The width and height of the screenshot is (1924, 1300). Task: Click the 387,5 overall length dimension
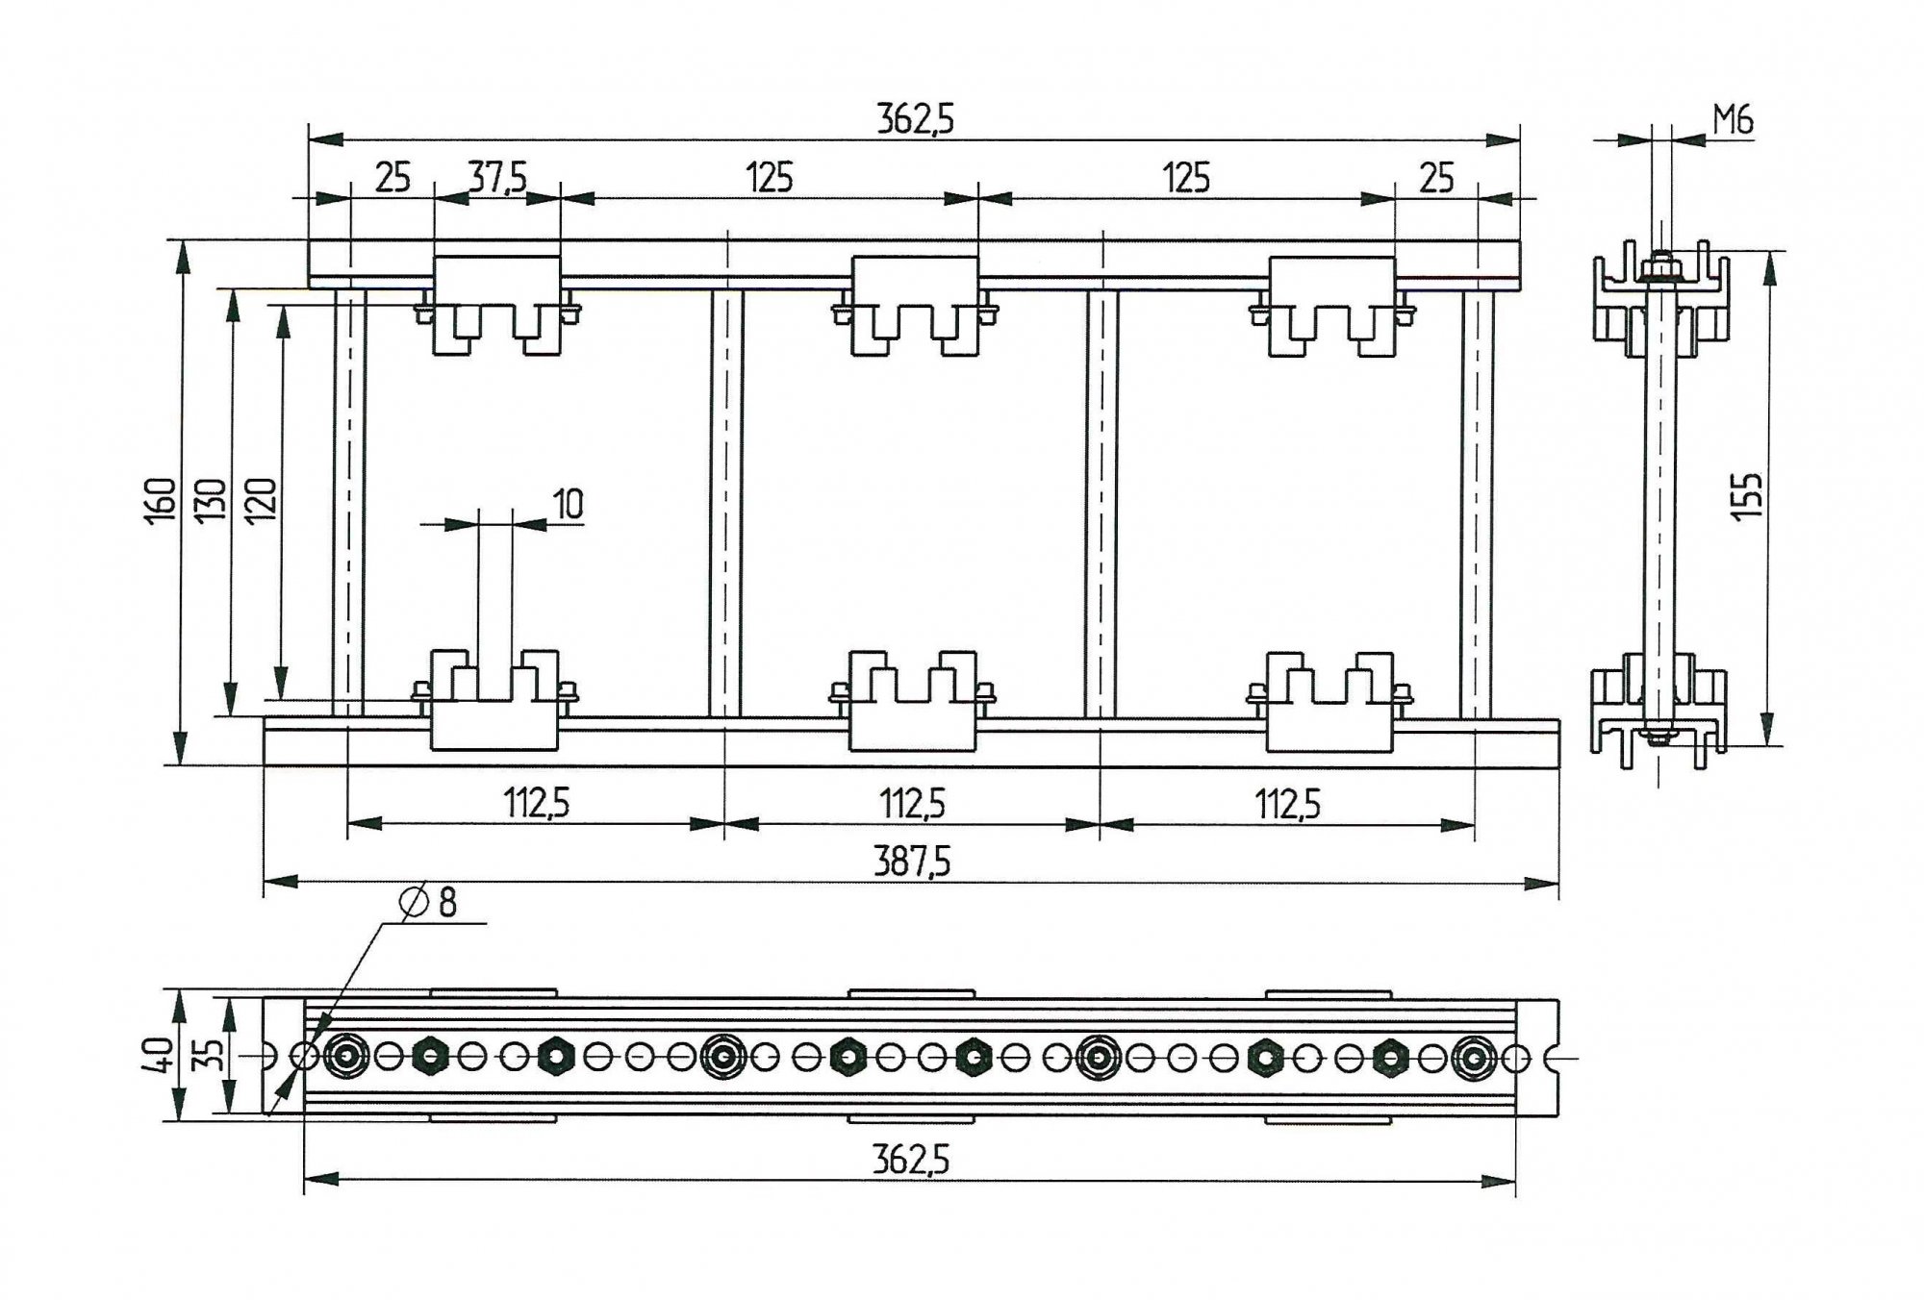click(911, 862)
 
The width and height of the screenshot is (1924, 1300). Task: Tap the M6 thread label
click(1733, 120)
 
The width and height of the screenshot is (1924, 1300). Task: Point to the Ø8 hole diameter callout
click(429, 902)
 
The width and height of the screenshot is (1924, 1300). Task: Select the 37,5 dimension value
click(497, 178)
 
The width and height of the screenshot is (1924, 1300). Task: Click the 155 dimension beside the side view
click(1746, 496)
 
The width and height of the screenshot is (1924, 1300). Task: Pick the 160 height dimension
click(161, 500)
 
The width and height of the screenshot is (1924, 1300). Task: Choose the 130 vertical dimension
click(211, 500)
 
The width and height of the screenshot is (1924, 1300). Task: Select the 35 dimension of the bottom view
click(214, 1055)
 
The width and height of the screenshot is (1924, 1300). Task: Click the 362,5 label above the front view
click(915, 119)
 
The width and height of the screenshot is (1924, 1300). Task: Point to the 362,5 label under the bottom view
click(910, 1161)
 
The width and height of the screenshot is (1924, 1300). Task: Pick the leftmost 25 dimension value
click(392, 178)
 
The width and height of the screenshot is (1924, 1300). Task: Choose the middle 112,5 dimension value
click(912, 803)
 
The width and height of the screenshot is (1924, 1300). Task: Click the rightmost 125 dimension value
click(1186, 178)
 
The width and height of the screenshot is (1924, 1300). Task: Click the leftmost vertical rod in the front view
click(349, 502)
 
